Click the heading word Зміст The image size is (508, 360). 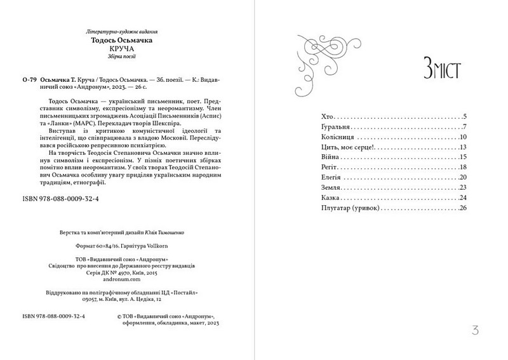coord(439,68)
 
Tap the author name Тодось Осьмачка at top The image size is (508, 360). coord(121,39)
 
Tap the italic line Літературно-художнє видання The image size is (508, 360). coord(121,30)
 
